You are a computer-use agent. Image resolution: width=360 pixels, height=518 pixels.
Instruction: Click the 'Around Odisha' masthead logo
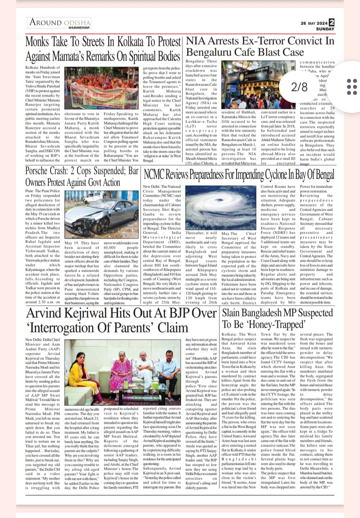pyautogui.click(x=60, y=22)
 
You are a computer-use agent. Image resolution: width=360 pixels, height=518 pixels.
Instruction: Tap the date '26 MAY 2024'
pyautogui.click(x=314, y=23)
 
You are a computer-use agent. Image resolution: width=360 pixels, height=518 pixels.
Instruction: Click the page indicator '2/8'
pyautogui.click(x=299, y=87)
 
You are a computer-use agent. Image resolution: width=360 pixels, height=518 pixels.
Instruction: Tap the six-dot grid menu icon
pyautogui.click(x=352, y=87)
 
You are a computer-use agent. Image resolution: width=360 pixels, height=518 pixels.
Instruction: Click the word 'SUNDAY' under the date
pyautogui.click(x=325, y=29)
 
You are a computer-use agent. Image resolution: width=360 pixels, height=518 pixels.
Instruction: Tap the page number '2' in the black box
pyautogui.click(x=331, y=23)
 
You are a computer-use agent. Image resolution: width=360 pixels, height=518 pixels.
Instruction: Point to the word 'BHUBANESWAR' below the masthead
pyautogui.click(x=79, y=28)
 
